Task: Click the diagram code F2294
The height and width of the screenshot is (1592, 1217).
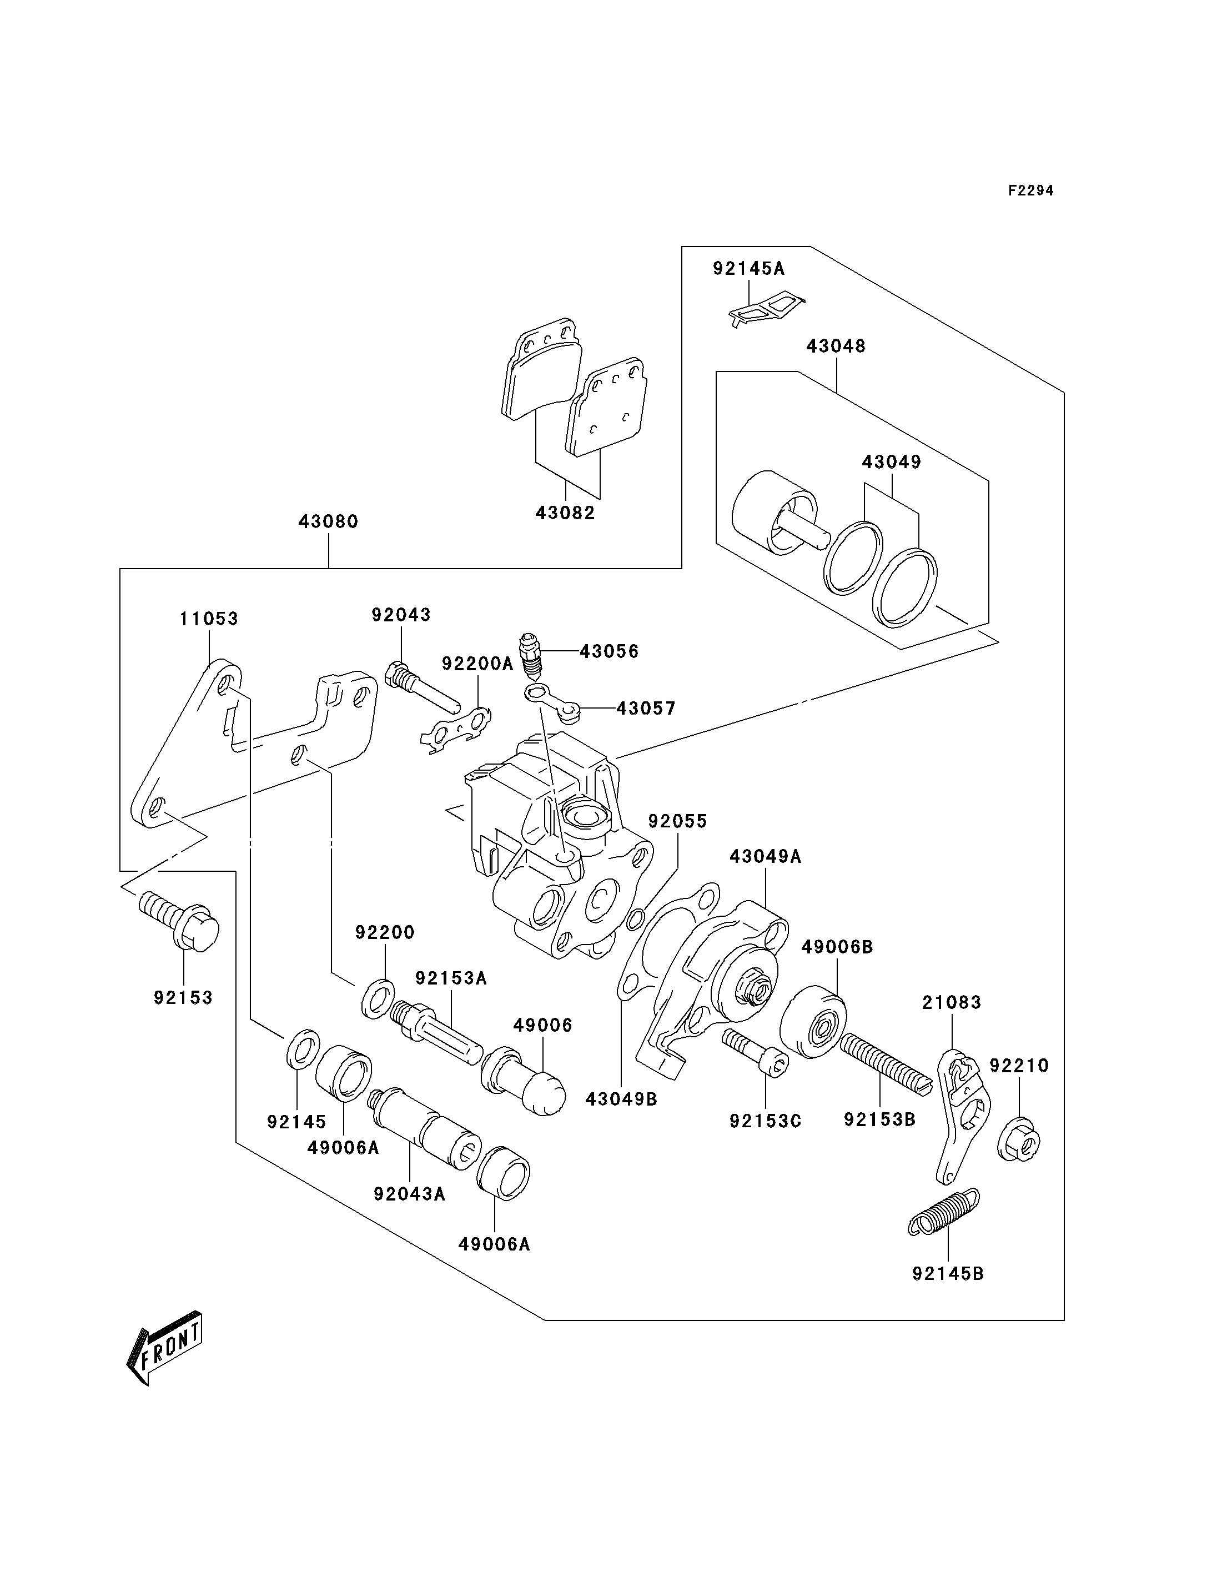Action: click(x=1031, y=190)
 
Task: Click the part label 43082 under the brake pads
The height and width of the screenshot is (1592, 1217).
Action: click(x=565, y=513)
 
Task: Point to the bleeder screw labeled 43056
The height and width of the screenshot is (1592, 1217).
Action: click(x=532, y=654)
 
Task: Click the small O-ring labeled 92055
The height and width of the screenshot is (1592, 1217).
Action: click(x=635, y=919)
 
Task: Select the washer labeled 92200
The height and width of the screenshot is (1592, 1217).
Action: click(x=378, y=998)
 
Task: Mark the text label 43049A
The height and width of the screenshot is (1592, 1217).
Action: click(x=765, y=856)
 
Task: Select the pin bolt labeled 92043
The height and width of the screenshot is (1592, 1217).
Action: click(x=423, y=685)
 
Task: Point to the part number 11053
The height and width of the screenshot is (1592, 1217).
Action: click(x=209, y=618)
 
